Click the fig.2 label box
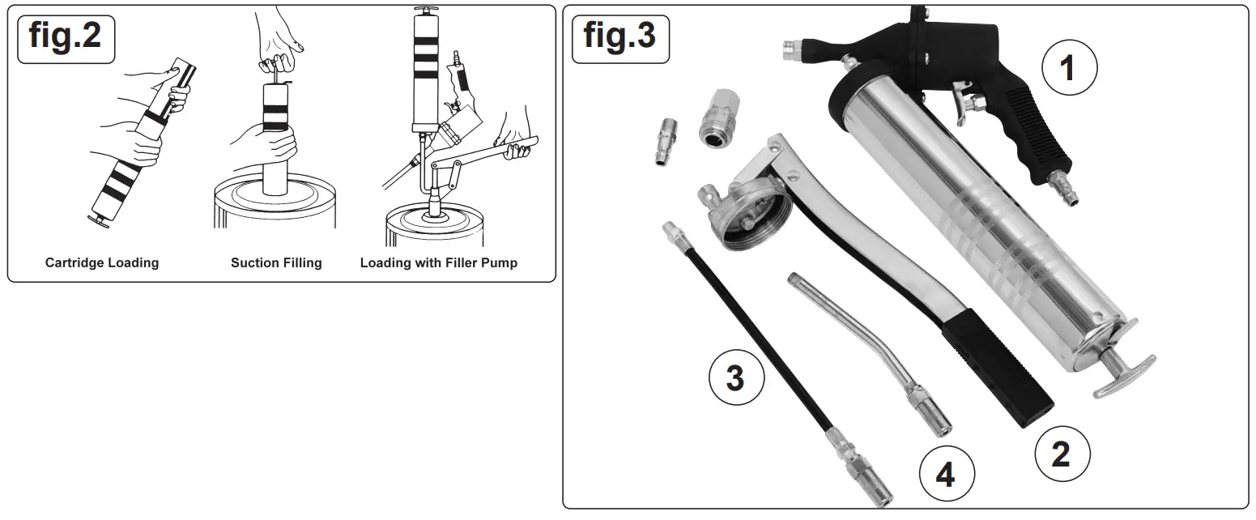(x=66, y=36)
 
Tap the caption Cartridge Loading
(x=102, y=262)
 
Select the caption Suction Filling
(x=276, y=262)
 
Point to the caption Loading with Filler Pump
(x=438, y=262)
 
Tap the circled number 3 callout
(x=735, y=377)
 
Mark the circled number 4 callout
(x=945, y=475)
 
